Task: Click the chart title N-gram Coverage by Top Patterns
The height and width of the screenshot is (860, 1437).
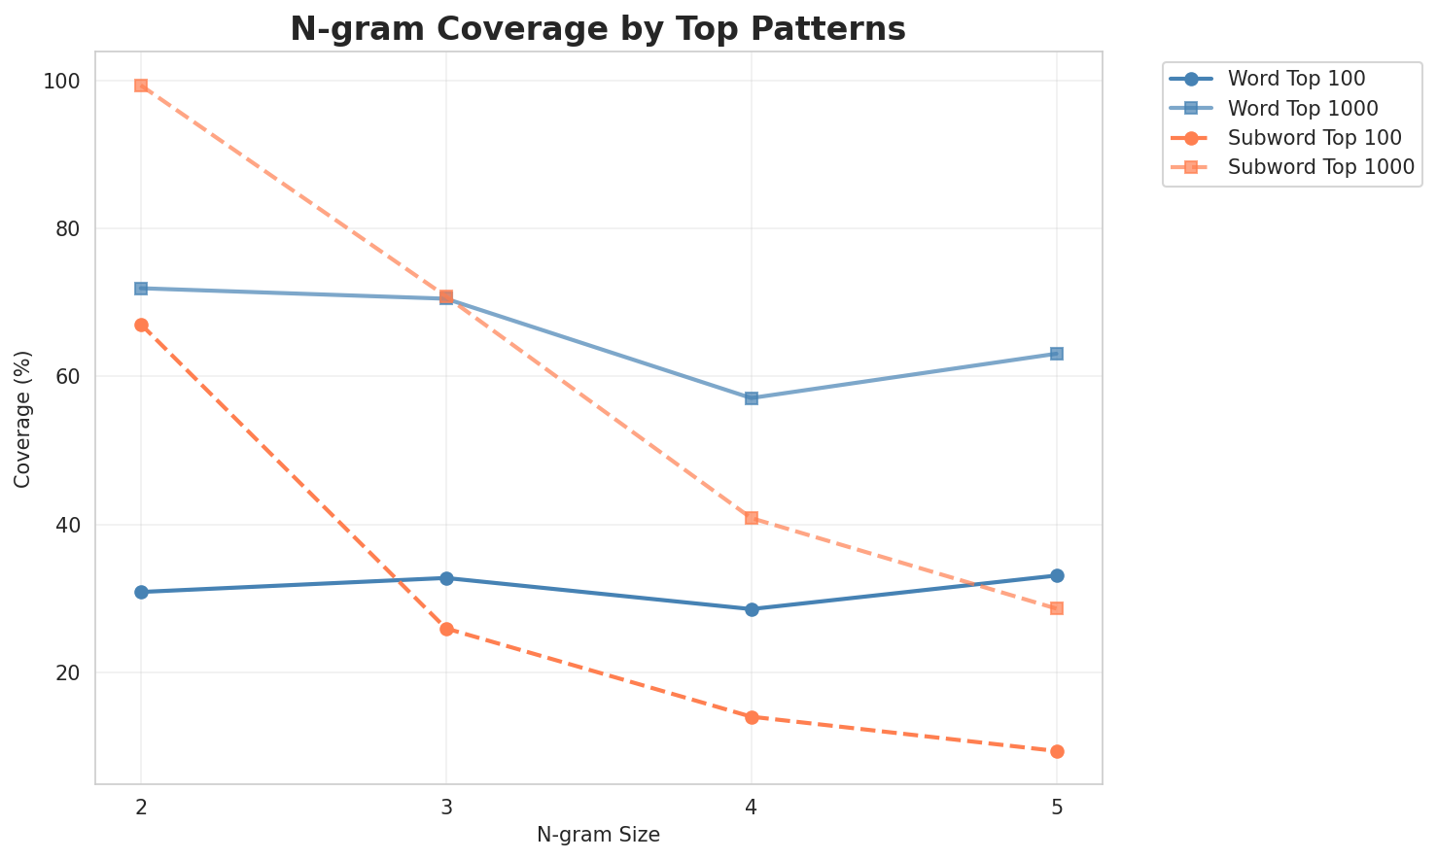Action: point(598,28)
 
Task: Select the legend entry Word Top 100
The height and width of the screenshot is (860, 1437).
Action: point(1282,78)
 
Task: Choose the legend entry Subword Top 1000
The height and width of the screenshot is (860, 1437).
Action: point(1299,166)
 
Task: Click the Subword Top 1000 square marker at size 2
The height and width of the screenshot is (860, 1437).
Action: point(141,86)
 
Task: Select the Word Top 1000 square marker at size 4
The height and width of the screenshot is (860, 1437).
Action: point(752,398)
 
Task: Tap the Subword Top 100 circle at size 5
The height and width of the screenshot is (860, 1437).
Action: point(1057,751)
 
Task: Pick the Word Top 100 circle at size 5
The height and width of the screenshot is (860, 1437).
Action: point(1057,575)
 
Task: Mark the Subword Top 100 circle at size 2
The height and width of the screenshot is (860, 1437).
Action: point(141,325)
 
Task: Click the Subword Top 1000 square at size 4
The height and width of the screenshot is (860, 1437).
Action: point(752,518)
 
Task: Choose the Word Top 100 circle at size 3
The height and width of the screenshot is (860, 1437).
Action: point(446,578)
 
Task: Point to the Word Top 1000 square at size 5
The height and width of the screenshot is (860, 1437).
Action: point(1057,354)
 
